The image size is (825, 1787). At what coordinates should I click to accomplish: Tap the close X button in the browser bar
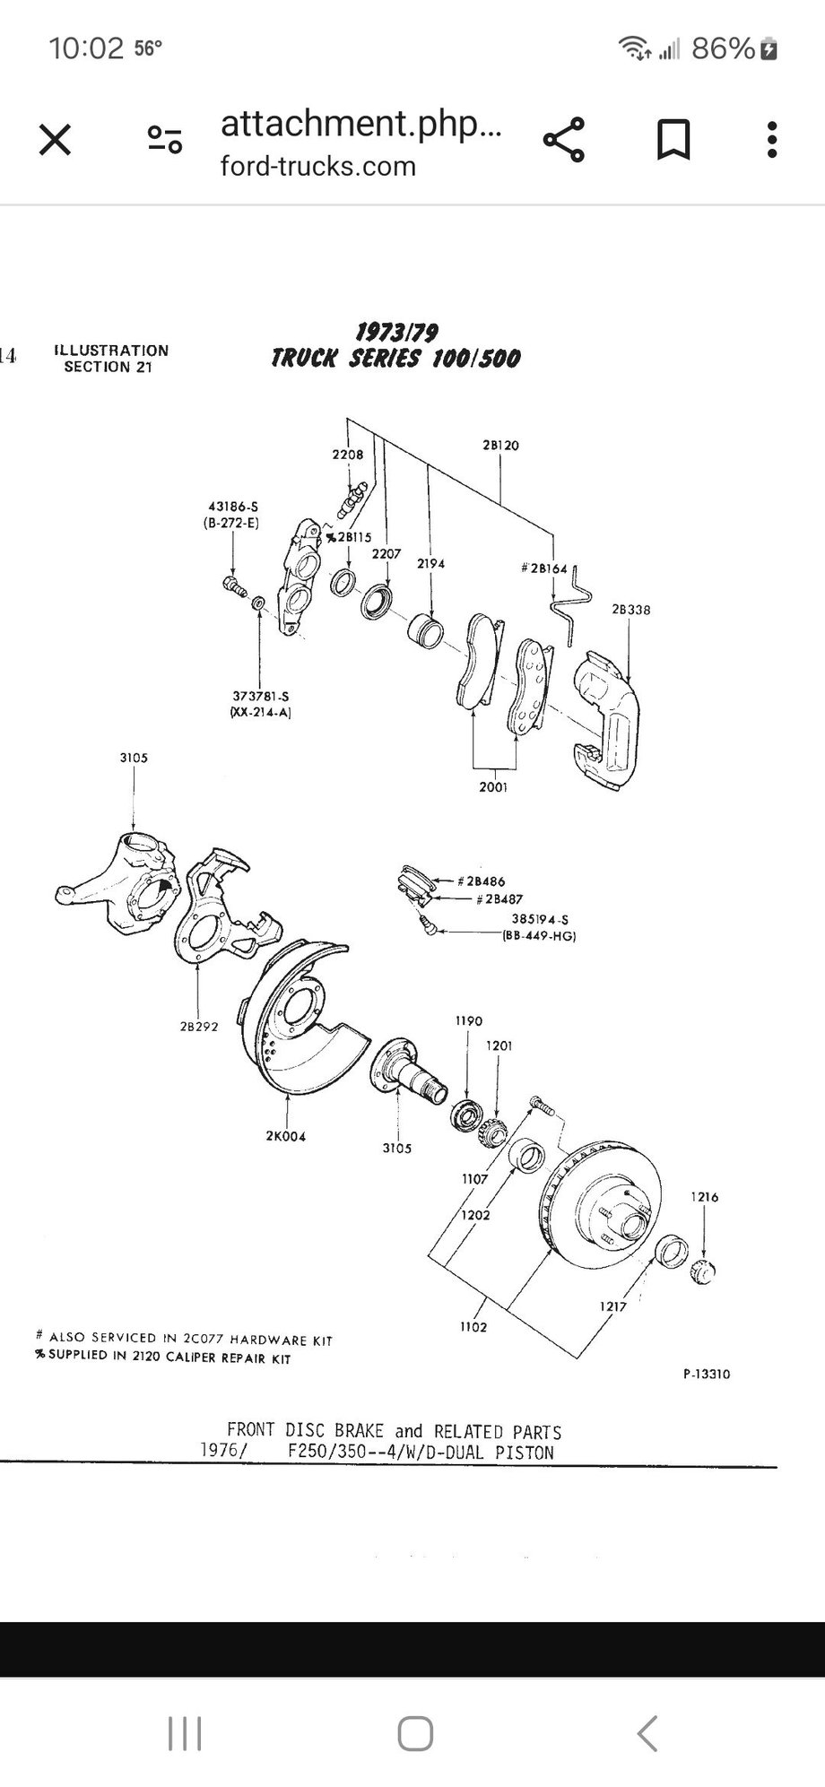click(x=56, y=141)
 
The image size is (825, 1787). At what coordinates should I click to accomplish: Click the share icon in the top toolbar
click(x=564, y=141)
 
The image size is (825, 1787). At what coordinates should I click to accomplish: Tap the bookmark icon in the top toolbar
click(x=673, y=141)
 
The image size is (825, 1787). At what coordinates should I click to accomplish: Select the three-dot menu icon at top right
click(x=772, y=141)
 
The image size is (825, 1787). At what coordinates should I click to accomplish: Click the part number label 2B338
click(x=631, y=610)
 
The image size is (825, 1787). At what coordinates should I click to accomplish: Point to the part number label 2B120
click(x=500, y=445)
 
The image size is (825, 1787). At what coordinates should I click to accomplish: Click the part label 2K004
click(x=285, y=1136)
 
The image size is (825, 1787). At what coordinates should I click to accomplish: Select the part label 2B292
click(x=199, y=1027)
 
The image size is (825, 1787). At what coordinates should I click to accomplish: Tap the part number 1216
click(x=704, y=1196)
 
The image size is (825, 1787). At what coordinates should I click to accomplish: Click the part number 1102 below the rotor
click(x=473, y=1327)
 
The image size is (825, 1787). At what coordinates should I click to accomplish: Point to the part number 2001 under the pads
click(x=493, y=787)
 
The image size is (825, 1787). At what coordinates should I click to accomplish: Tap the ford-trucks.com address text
click(x=318, y=167)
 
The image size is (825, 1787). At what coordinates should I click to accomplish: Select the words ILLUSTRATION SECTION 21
click(x=110, y=359)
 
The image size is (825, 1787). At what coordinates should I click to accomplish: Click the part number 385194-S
click(x=540, y=919)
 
